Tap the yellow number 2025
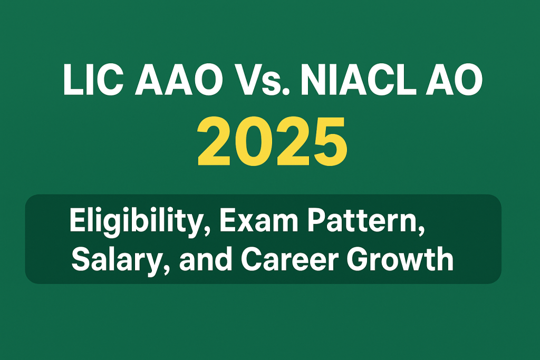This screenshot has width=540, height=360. click(272, 141)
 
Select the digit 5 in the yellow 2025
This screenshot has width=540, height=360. click(328, 142)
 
